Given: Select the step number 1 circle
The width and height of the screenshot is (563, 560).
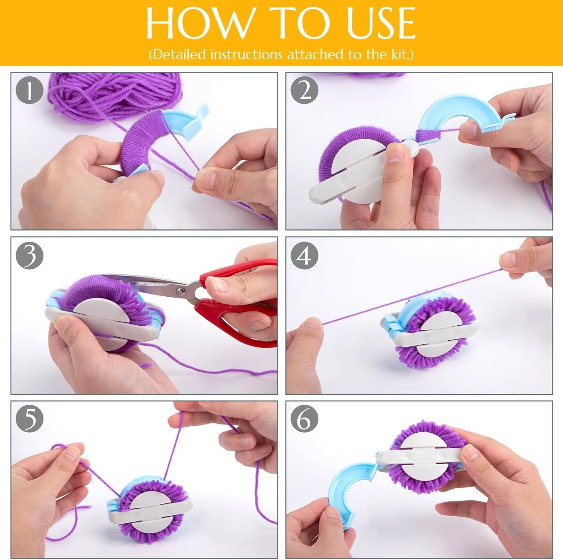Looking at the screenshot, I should [30, 91].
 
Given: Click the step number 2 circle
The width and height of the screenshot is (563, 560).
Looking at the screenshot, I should [305, 91].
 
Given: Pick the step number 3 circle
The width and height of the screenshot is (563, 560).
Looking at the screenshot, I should [30, 255].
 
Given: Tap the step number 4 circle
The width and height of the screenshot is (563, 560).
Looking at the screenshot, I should [305, 255].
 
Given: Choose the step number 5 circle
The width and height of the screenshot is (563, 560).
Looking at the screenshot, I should [30, 419].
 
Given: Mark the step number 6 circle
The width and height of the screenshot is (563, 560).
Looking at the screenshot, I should [305, 419].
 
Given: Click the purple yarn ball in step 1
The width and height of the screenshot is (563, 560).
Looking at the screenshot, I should [113, 94].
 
